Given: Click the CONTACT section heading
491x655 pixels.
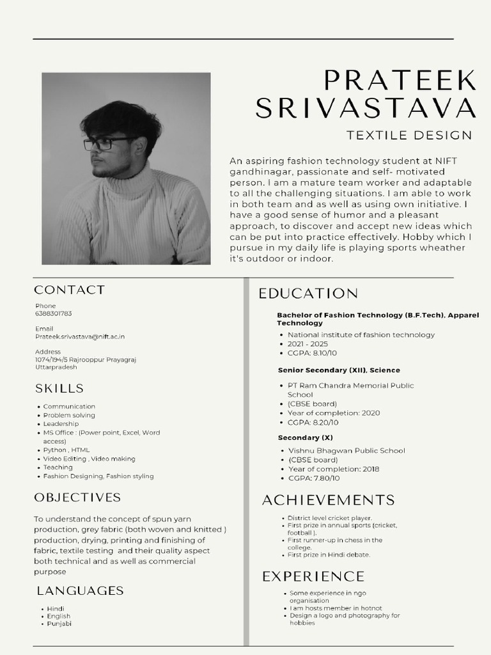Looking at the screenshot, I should pos(70,290).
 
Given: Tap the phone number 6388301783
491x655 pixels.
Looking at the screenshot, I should pos(54,314).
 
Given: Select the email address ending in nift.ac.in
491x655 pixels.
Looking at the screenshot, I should pos(80,336).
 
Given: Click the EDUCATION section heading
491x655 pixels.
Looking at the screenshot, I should pos(308,294).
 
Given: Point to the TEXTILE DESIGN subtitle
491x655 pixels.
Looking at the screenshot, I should pos(409,135).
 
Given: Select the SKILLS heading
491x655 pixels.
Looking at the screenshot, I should pos(59,388).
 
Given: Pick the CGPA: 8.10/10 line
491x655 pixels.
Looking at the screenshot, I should pos(312,353).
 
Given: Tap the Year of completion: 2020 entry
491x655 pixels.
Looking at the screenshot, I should pos(334,413).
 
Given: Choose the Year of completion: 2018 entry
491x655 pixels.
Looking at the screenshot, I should pos(334,469).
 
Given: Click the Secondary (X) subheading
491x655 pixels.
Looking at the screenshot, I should pos(306,438).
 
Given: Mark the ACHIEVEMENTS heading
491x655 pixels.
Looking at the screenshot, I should pos(329,500).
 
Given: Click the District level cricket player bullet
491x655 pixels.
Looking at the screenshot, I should pos(330,518).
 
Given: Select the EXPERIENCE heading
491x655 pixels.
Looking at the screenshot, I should pos(313,576).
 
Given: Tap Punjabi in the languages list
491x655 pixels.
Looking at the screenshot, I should pos(59,624).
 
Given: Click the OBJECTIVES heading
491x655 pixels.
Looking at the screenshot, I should pos(77,497).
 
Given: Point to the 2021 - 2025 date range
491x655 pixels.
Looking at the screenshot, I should pos(308,344).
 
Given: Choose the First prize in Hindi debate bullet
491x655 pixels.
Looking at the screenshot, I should pos(329,555).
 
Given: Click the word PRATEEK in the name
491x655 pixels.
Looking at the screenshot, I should pos(400,81).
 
